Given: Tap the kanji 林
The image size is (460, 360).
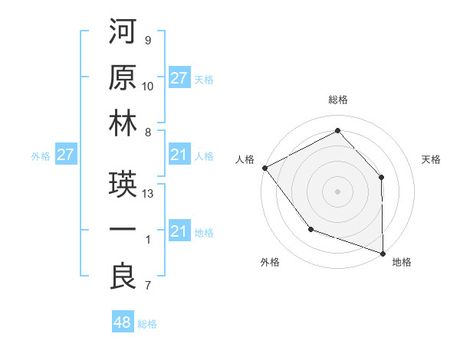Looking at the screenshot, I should click(x=123, y=123).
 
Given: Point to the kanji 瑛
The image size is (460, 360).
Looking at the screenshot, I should click(x=123, y=185).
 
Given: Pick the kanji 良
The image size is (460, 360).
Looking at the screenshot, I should click(x=123, y=277).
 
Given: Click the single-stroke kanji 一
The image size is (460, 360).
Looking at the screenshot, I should click(x=123, y=231).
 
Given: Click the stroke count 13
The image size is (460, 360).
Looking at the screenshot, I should click(x=149, y=194).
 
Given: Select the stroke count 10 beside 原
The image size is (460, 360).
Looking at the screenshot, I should click(x=149, y=87).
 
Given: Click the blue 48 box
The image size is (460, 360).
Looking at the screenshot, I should click(x=123, y=322).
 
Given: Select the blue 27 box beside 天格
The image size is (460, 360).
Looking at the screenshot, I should click(x=179, y=78).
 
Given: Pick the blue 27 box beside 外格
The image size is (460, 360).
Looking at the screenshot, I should click(x=66, y=155).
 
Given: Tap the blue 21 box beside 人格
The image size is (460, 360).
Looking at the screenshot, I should click(x=179, y=155).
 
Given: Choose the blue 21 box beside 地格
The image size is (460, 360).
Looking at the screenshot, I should click(x=179, y=231).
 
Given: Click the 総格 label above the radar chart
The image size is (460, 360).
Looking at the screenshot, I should click(x=338, y=100).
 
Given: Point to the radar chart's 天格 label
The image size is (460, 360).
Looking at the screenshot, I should click(x=432, y=159).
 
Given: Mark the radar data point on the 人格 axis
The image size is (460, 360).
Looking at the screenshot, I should click(x=264, y=167).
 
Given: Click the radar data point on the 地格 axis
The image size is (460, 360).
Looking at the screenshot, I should click(x=383, y=252).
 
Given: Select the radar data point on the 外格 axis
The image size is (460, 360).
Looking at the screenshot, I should click(x=310, y=229).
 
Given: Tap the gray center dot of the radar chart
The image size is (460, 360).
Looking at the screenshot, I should click(x=338, y=191).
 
